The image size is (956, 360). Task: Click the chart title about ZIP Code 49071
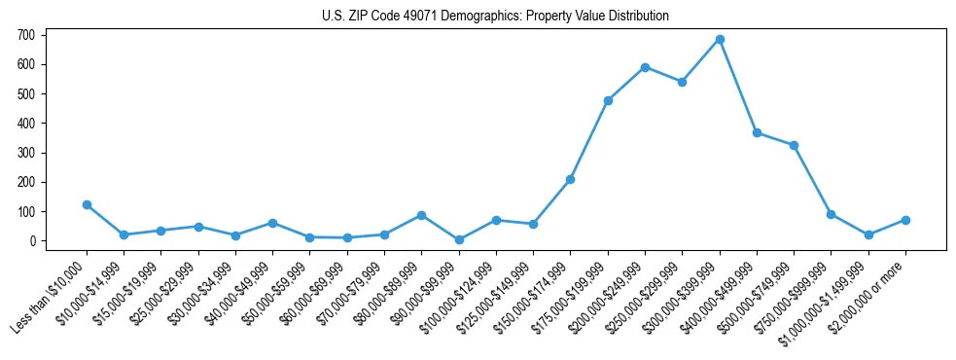coord(495,17)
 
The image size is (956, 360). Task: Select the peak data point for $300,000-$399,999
coord(720,40)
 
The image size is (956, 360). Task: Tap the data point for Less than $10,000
coord(87,204)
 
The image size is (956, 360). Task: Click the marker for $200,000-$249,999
coord(645,67)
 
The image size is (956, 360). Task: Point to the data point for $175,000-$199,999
coord(608,100)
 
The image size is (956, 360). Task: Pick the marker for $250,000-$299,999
coord(682,82)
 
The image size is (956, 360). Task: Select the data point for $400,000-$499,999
coord(757,133)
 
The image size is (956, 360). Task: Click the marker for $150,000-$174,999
coord(570,179)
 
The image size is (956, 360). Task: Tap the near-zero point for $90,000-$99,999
coord(459,239)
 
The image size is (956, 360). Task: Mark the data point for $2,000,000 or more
coord(905,220)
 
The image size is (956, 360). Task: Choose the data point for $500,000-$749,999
coord(794,145)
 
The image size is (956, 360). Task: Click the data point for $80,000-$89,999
coord(421,215)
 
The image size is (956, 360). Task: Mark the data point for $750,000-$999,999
coord(831,214)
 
